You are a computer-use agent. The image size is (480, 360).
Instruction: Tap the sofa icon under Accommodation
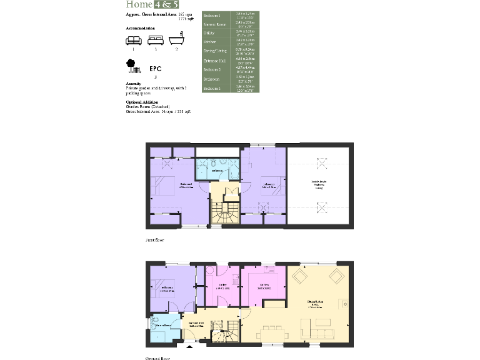(133, 40)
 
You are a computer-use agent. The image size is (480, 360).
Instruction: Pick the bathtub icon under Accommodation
(177, 40)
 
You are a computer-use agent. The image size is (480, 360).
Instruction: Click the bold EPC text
(156, 69)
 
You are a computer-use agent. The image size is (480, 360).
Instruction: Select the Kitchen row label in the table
(210, 41)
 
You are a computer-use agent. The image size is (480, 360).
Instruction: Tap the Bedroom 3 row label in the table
(212, 88)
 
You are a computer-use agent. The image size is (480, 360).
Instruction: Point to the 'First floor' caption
(154, 240)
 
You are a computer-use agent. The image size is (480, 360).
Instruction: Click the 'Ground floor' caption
(157, 358)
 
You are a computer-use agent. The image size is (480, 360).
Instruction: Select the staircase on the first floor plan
(224, 212)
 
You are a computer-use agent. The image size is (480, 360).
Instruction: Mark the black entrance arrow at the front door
(189, 345)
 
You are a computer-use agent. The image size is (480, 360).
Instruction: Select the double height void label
(319, 184)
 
